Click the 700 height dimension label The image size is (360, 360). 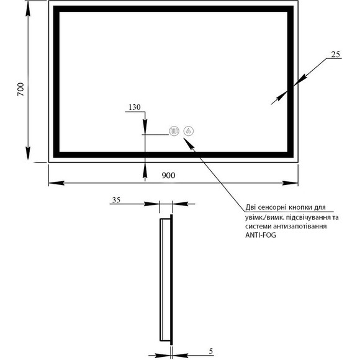click(20, 89)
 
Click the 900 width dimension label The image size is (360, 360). click(168, 176)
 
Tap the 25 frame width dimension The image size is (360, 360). click(335, 55)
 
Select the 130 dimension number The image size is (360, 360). click(135, 107)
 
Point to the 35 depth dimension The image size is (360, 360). click(116, 200)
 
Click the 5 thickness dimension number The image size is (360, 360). click(211, 351)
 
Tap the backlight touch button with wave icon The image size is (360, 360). click(174, 132)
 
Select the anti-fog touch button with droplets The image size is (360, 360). click(189, 132)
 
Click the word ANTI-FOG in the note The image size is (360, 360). click(261, 235)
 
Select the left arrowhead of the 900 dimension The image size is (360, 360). click(56, 183)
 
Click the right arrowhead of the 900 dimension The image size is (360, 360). click(290, 183)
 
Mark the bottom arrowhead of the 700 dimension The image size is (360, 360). click(28, 153)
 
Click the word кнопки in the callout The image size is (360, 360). click(299, 207)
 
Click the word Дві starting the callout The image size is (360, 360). click(251, 207)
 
